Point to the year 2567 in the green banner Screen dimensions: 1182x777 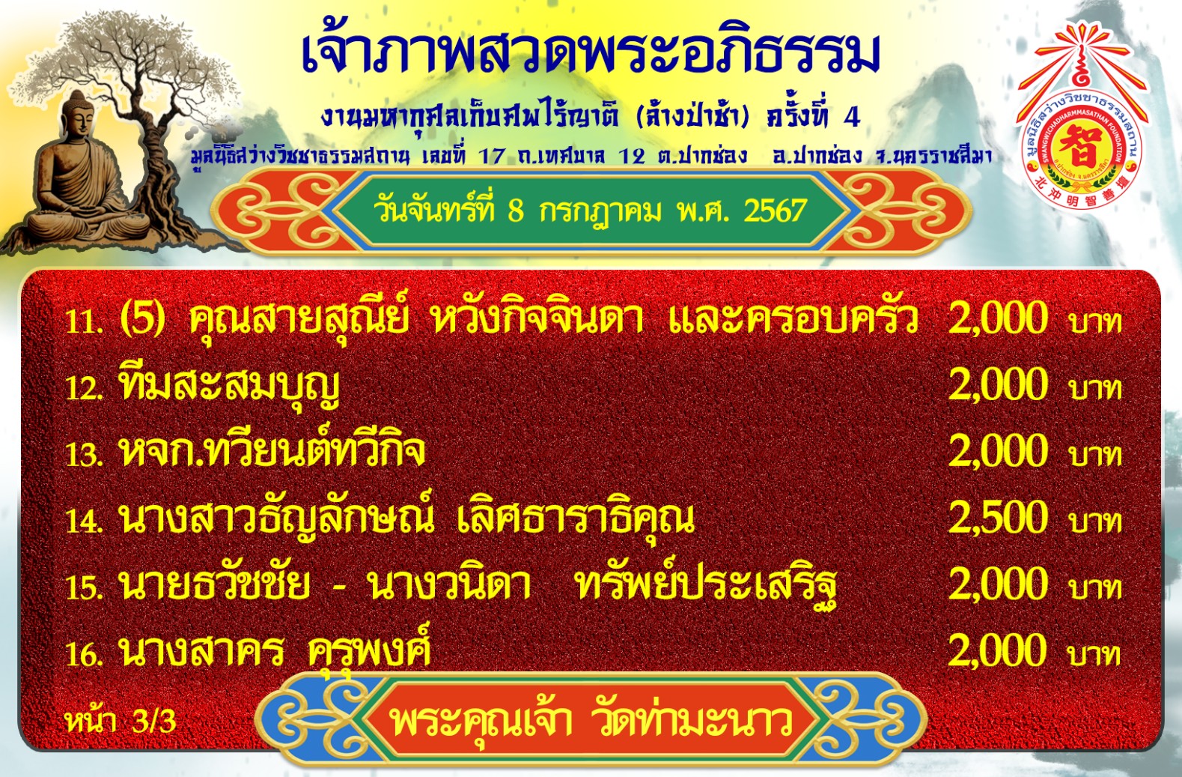[x=776, y=211]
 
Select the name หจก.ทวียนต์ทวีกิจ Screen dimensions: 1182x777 [x=272, y=451]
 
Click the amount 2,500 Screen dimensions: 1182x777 [x=998, y=518]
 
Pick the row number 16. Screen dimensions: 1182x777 [x=84, y=655]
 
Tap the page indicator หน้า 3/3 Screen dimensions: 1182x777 [x=121, y=721]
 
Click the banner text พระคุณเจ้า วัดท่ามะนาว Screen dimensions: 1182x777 [x=591, y=721]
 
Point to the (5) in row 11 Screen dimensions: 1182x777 [x=142, y=318]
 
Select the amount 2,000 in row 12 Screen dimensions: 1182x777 [x=998, y=384]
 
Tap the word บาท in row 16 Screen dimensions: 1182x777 [x=1095, y=654]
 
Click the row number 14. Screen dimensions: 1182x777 [x=84, y=522]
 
